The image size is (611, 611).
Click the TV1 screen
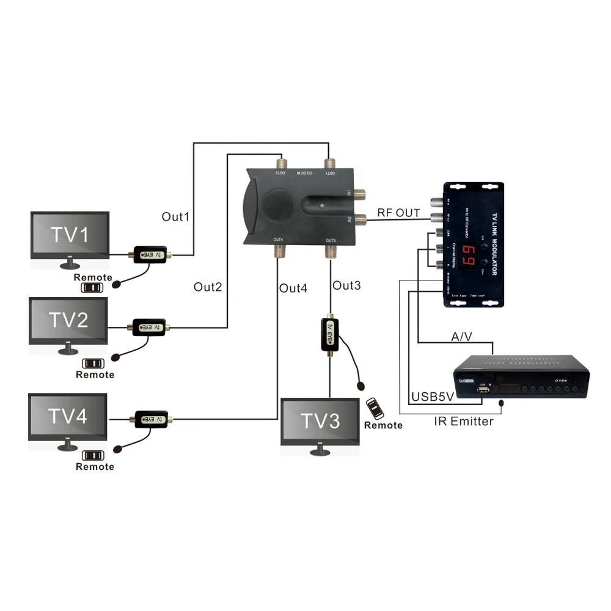pyautogui.click(x=70, y=235)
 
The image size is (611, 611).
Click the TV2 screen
pyautogui.click(x=68, y=320)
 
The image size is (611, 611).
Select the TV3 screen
pyautogui.click(x=320, y=422)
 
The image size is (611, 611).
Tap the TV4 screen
pyautogui.click(x=68, y=417)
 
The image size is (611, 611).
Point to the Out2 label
pyautogui.click(x=208, y=287)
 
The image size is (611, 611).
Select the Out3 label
pyautogui.click(x=346, y=285)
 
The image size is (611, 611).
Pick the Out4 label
pyautogui.click(x=293, y=288)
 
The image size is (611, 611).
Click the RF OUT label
pyautogui.click(x=398, y=213)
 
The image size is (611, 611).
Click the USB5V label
pyautogui.click(x=433, y=396)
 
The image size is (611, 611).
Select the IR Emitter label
pyautogui.click(x=464, y=421)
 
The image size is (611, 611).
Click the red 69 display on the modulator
pyautogui.click(x=470, y=252)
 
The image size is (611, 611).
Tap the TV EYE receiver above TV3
pyautogui.click(x=330, y=334)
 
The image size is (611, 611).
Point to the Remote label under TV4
pyautogui.click(x=95, y=467)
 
